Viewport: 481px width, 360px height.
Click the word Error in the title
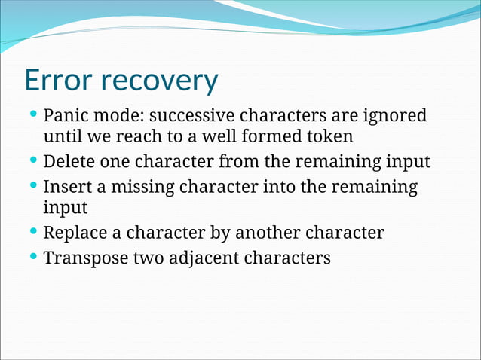pyautogui.click(x=60, y=79)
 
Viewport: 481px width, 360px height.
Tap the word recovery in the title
pyautogui.click(x=160, y=81)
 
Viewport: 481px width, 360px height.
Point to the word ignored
pyautogui.click(x=395, y=116)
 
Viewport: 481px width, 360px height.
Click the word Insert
pyautogui.click(x=66, y=186)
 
